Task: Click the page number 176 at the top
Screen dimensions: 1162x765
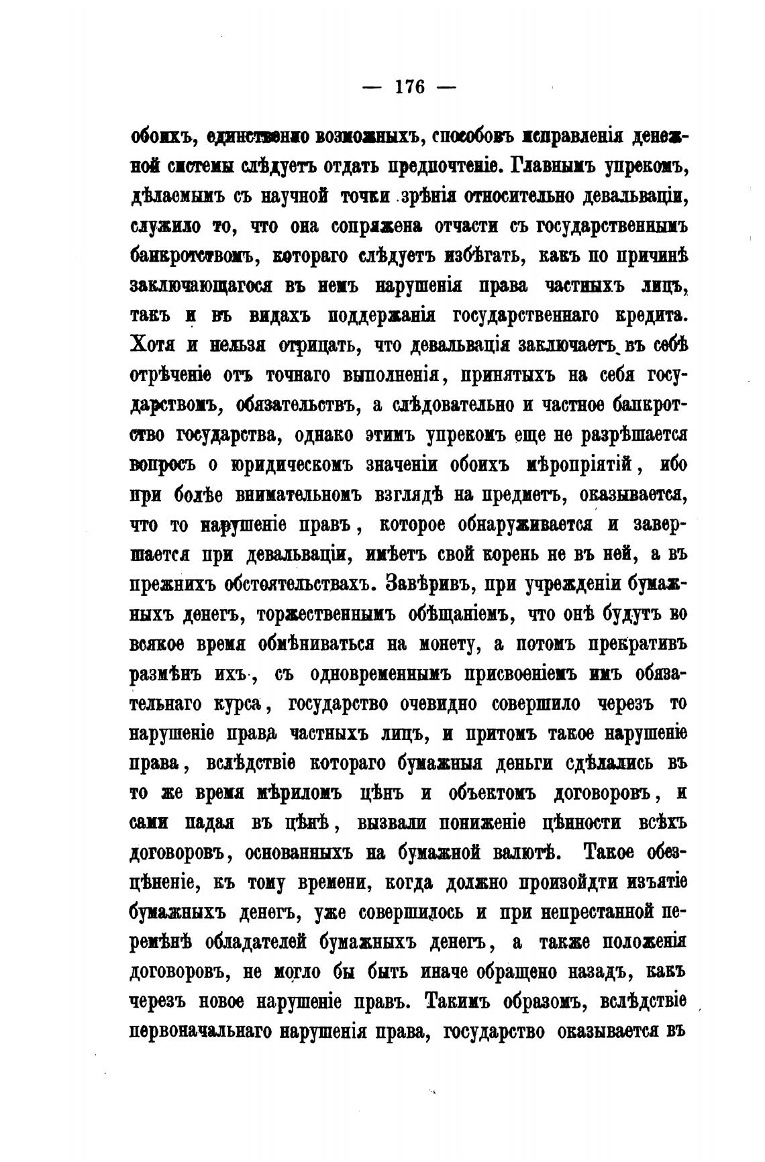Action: pos(411,87)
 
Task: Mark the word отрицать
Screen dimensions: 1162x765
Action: pos(308,345)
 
